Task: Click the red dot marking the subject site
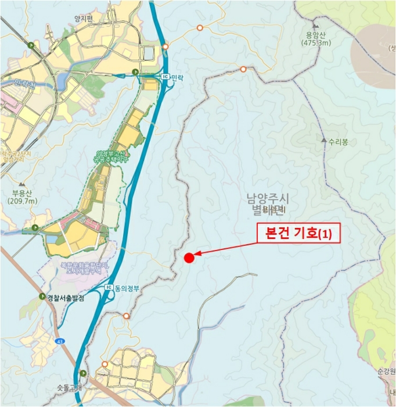tap(189, 258)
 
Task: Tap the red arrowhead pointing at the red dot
tap(198, 254)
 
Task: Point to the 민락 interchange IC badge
tap(164, 76)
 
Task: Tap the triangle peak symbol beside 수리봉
tap(324, 141)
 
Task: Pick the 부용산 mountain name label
tap(23, 194)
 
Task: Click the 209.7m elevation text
tap(23, 201)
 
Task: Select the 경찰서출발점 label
tap(66, 297)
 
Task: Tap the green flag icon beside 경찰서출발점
tap(42, 297)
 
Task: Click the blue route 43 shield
tap(60, 342)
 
